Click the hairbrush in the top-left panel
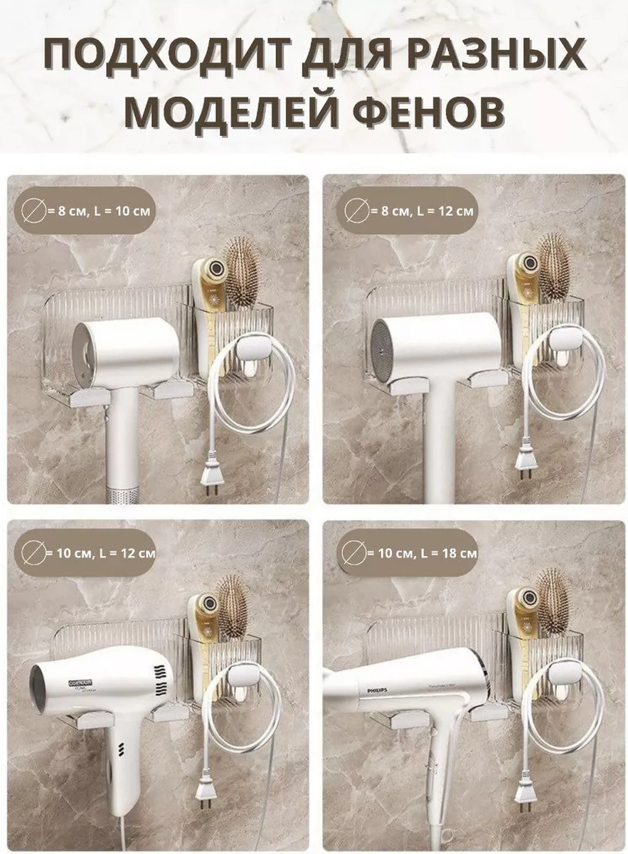[242, 271]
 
